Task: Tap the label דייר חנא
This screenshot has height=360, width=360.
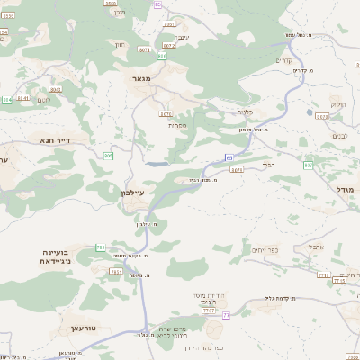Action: [54, 139]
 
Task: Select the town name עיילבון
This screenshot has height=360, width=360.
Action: [131, 193]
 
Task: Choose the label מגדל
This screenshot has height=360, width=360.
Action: [346, 189]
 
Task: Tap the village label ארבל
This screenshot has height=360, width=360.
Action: [316, 246]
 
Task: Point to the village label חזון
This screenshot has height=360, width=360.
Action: [120, 43]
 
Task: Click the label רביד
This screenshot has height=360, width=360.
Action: [267, 166]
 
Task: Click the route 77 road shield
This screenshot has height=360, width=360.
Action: [227, 315]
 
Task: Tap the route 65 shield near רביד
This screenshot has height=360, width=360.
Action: [229, 158]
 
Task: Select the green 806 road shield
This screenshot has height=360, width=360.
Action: [162, 56]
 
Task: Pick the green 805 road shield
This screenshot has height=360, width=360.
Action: [108, 156]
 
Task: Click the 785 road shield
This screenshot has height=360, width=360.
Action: [100, 247]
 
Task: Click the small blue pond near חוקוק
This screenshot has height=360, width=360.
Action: [321, 114]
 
